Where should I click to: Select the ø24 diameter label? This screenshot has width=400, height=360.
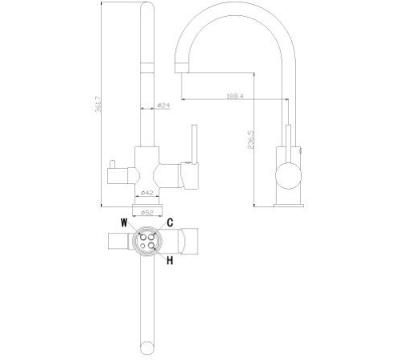162,105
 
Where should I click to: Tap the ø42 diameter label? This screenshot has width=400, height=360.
147,193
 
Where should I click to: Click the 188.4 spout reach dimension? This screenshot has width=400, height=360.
234,97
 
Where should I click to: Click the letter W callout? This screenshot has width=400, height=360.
124,224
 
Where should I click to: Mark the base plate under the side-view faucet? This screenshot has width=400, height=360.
286,202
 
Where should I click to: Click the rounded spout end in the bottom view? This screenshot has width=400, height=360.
147,347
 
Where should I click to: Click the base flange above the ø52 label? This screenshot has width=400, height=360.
147,204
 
